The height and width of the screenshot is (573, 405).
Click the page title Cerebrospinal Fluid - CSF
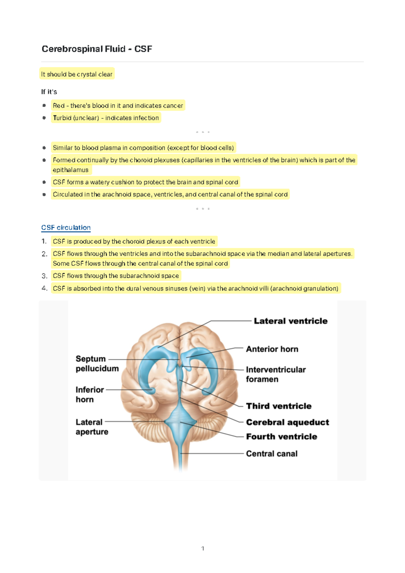[97, 49]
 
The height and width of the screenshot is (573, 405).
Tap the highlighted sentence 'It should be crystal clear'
[77, 74]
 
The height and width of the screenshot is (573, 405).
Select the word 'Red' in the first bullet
[58, 106]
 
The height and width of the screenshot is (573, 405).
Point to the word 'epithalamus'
[71, 170]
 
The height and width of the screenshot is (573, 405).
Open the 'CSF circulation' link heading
[66, 228]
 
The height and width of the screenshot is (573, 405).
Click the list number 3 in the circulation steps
[44, 276]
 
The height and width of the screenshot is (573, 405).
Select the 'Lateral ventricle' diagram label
[291, 321]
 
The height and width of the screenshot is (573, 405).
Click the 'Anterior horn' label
[272, 349]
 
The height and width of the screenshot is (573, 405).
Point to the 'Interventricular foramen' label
[275, 374]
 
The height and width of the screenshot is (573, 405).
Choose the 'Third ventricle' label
[279, 406]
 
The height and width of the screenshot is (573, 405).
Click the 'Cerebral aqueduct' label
[288, 422]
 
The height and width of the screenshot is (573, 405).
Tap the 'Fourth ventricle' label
[281, 437]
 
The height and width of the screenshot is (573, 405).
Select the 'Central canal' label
[272, 454]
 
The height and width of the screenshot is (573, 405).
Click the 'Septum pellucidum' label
[97, 363]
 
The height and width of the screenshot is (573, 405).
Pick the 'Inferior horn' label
[89, 394]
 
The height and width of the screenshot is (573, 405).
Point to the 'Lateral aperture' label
[92, 427]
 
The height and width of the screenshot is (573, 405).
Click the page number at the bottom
[202, 548]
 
